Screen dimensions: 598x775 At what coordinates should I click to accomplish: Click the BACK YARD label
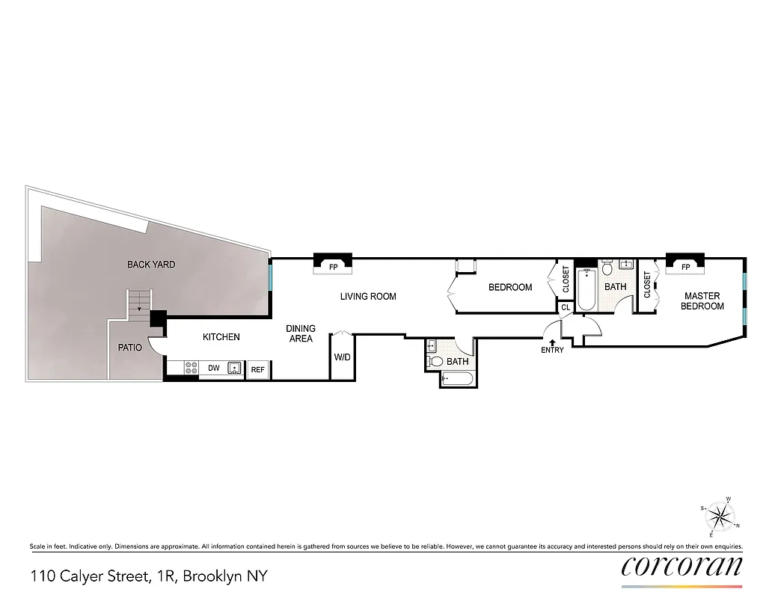(x=151, y=265)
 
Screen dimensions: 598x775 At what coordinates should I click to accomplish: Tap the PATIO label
(x=129, y=348)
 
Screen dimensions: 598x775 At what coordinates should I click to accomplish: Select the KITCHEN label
(x=221, y=337)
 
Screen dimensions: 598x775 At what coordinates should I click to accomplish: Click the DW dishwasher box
(x=213, y=368)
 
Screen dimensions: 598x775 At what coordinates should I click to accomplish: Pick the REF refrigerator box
(x=257, y=369)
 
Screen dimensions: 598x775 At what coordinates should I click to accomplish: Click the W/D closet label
(x=342, y=357)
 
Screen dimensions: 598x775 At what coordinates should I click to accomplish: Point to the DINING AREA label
(x=301, y=333)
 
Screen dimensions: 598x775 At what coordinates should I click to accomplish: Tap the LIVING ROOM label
(x=368, y=297)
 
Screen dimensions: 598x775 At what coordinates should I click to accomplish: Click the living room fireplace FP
(x=333, y=265)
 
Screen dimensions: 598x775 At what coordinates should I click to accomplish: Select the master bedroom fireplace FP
(x=685, y=266)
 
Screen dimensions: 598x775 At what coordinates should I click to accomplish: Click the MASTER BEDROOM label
(x=702, y=301)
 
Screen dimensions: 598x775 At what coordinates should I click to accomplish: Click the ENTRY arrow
(x=552, y=342)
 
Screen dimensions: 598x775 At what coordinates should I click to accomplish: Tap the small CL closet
(x=566, y=307)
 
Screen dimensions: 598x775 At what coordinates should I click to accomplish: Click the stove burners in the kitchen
(x=191, y=368)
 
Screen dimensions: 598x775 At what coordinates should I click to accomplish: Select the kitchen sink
(x=235, y=368)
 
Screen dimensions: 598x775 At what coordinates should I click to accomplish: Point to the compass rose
(x=720, y=517)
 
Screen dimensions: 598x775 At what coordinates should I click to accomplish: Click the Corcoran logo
(x=681, y=566)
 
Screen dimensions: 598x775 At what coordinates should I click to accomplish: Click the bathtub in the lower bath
(x=456, y=380)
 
